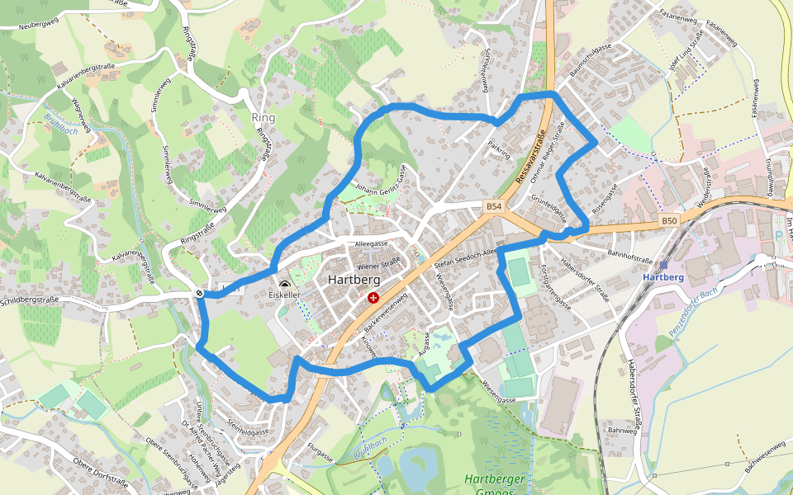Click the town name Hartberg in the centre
(349, 279)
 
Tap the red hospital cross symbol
(374, 297)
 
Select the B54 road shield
(494, 205)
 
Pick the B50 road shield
(669, 220)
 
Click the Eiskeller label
(284, 295)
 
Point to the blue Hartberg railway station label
(663, 277)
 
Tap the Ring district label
(264, 118)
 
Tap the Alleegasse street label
(371, 245)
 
